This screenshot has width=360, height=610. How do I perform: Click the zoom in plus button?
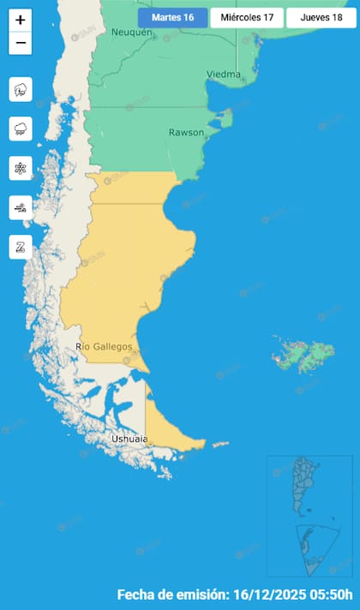click(21, 20)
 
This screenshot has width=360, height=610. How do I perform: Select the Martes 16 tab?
click(172, 17)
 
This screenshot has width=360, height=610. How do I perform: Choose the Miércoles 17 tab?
click(247, 17)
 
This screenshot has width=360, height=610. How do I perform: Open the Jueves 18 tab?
click(321, 17)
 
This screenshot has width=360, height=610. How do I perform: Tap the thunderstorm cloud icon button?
click(21, 88)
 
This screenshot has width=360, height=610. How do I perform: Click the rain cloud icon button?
click(21, 129)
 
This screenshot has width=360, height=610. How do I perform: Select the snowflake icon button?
click(21, 168)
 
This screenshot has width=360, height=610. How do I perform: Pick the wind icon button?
click(21, 207)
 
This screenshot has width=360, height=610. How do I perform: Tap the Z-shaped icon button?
click(21, 247)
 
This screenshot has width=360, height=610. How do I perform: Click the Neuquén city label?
click(131, 33)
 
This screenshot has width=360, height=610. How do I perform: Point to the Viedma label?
click(223, 75)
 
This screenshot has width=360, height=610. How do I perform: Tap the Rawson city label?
click(186, 133)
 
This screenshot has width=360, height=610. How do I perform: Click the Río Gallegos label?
click(104, 346)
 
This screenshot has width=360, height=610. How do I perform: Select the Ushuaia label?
click(129, 440)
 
